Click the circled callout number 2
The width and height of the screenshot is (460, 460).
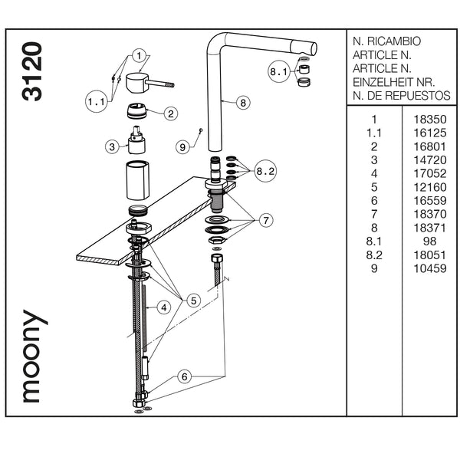click(170, 113)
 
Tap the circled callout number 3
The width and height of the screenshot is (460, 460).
click(113, 146)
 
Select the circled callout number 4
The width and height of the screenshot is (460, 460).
click(163, 307)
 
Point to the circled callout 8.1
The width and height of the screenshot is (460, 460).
click(278, 72)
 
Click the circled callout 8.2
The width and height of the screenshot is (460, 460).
click(265, 172)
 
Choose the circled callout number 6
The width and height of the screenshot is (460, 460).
click(184, 376)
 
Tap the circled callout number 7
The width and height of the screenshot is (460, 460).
click(266, 221)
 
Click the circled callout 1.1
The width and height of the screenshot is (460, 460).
click(96, 101)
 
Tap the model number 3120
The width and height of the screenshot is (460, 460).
click(32, 71)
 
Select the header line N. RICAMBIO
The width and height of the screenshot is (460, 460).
click(386, 41)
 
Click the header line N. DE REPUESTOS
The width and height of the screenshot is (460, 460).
click(401, 96)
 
